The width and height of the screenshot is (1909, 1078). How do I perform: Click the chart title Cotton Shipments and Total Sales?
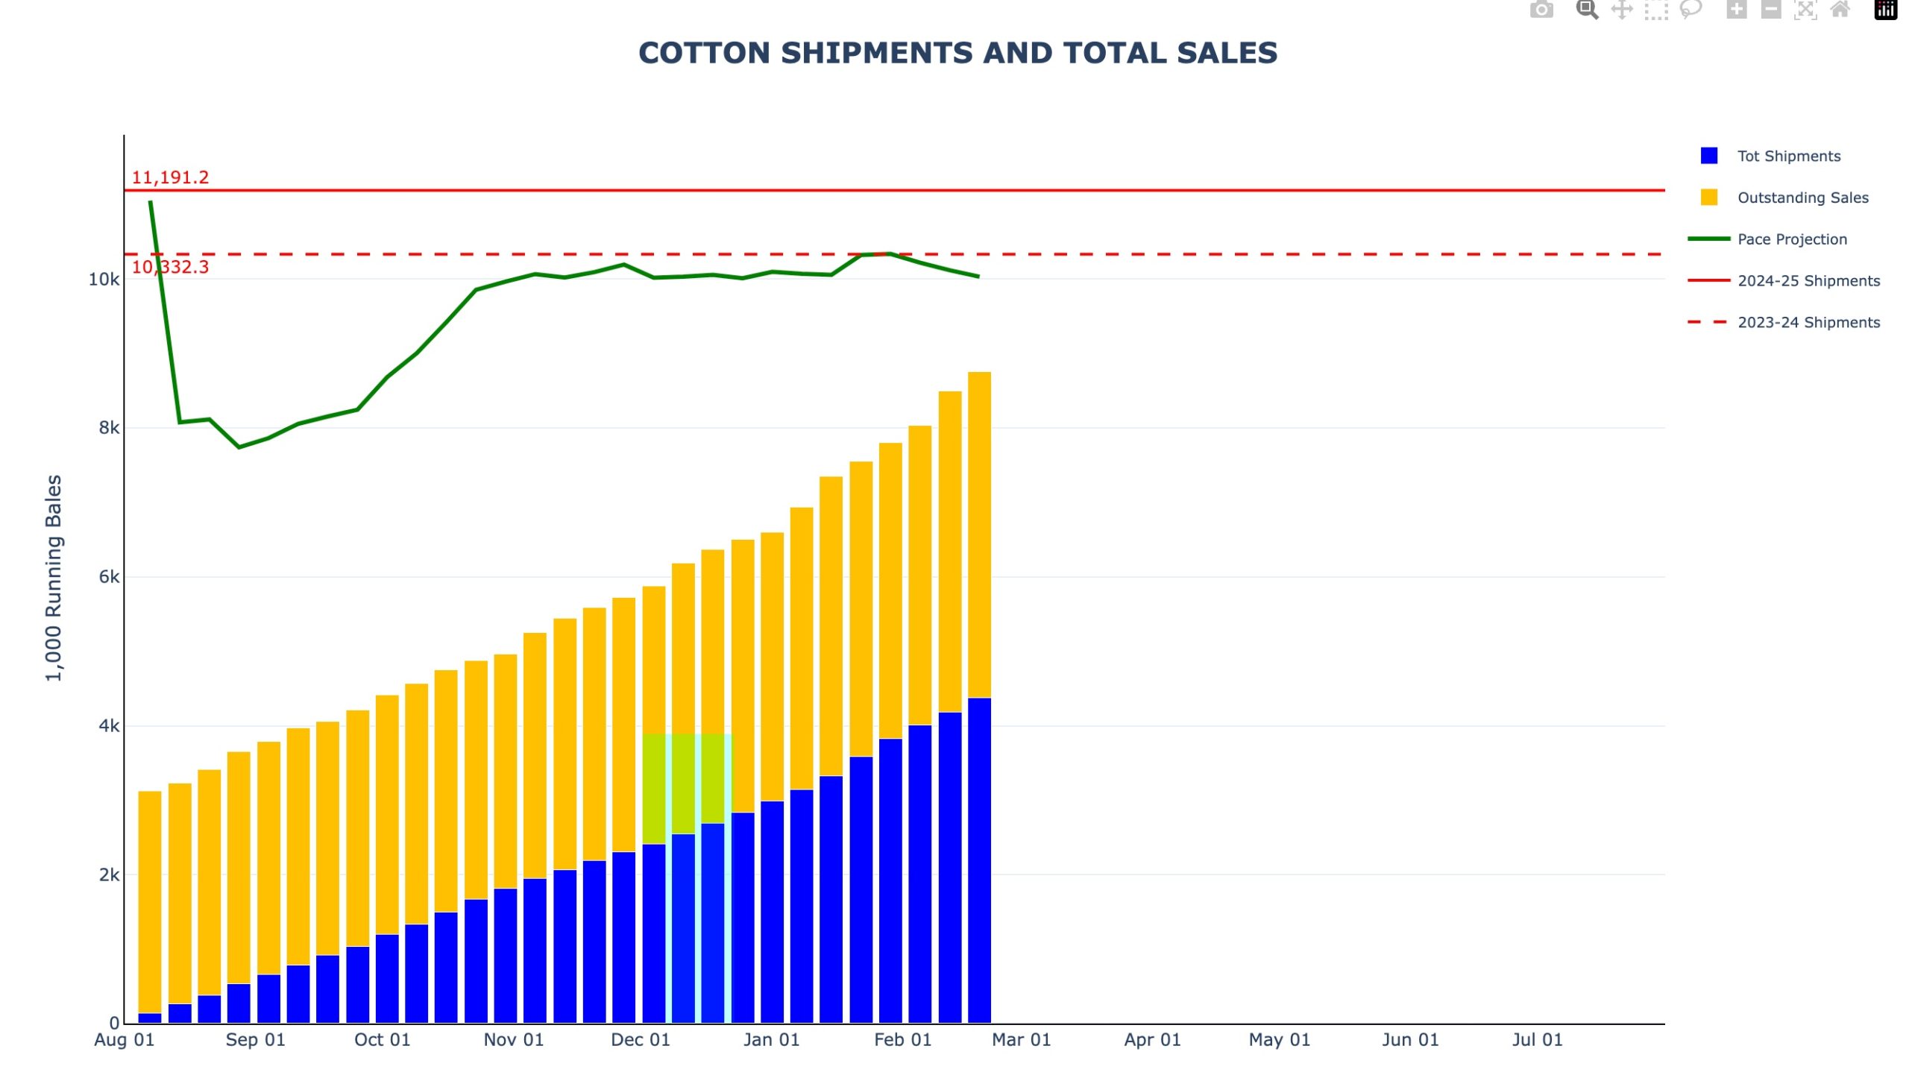tap(957, 53)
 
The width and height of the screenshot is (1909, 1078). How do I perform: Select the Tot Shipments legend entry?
tap(1788, 156)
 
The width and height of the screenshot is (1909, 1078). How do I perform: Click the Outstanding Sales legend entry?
tap(1802, 198)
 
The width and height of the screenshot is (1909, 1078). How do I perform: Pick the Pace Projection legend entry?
tap(1792, 239)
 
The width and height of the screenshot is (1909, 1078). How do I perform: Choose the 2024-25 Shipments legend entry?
tap(1808, 281)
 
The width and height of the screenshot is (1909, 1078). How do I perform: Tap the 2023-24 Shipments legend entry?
tap(1808, 323)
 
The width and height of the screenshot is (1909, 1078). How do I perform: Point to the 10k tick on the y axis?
tap(104, 280)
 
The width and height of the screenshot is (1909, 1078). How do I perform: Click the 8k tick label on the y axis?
tap(109, 428)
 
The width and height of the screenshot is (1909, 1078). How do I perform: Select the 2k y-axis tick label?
tap(109, 874)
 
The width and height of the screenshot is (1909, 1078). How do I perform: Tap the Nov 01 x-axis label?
tap(513, 1040)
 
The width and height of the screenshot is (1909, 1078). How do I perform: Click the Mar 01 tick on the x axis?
tap(1021, 1040)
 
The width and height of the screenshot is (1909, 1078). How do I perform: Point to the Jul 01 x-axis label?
tap(1537, 1040)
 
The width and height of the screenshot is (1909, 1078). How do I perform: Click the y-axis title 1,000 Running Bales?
tap(54, 578)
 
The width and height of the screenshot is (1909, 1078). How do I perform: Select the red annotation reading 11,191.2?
tap(170, 177)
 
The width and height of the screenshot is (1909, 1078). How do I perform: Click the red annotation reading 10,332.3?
tap(170, 267)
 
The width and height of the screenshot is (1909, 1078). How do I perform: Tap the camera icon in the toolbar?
tap(1541, 10)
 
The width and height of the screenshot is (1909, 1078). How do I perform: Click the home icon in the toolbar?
tap(1840, 10)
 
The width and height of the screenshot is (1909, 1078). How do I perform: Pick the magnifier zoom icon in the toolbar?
tap(1586, 10)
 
